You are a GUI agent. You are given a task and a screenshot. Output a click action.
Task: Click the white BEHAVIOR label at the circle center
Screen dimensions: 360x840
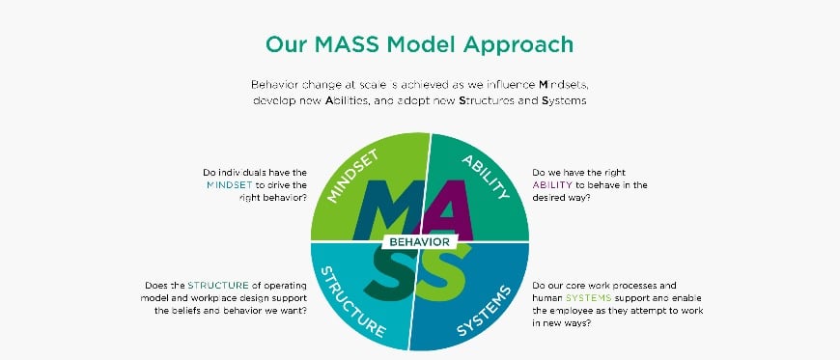coord(420,241)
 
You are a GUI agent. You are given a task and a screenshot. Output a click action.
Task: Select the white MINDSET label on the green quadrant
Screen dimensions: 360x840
coord(350,175)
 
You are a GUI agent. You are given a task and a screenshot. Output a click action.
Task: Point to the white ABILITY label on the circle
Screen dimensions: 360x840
coord(486,175)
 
